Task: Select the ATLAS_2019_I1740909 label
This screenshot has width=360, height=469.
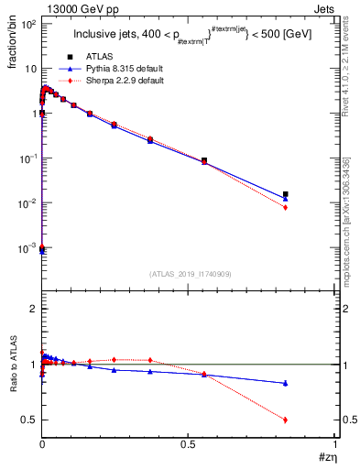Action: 190,273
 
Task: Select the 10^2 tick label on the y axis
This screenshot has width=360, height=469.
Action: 27,25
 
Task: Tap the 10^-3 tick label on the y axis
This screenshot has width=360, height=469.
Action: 27,247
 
